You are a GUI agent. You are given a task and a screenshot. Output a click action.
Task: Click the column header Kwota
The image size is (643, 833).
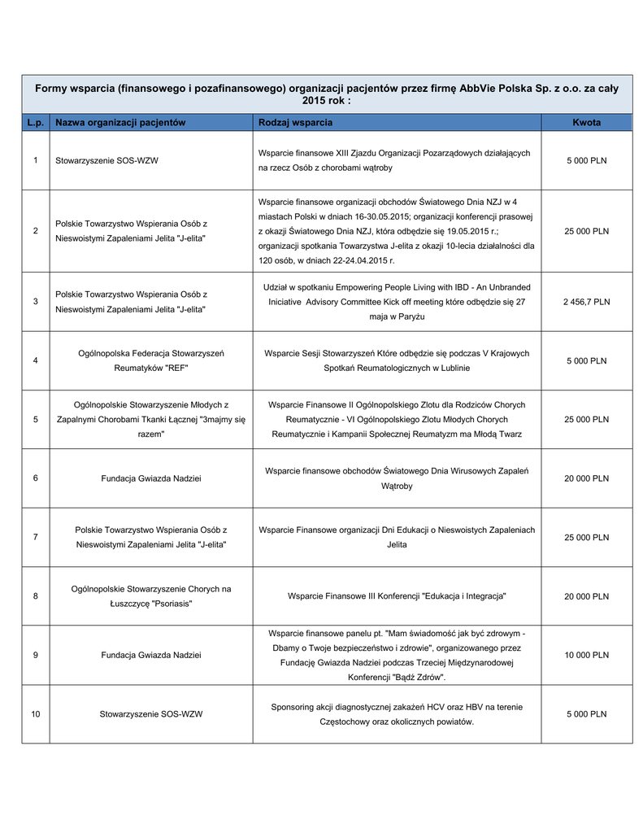(586, 122)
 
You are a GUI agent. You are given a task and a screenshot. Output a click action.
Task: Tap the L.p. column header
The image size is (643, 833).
(35, 122)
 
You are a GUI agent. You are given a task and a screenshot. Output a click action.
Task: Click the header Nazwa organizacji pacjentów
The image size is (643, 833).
(120, 122)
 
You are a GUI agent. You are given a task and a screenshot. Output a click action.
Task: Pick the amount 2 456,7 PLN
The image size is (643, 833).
(586, 302)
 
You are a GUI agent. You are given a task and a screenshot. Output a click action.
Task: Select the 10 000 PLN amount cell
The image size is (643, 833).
(586, 655)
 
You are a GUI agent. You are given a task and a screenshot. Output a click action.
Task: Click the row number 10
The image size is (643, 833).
(36, 714)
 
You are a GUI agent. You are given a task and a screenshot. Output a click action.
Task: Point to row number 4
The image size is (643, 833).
(36, 360)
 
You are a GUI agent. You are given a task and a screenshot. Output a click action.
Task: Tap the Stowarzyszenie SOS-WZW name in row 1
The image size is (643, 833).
(106, 161)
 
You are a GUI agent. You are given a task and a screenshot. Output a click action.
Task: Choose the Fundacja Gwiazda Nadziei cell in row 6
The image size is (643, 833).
(151, 478)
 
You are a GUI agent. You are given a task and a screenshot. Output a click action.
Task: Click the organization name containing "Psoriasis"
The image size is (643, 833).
(151, 596)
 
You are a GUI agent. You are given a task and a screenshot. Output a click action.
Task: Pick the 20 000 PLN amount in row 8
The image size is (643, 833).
(586, 596)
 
